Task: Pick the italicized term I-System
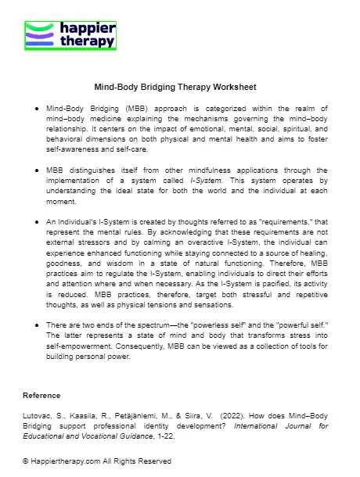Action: click(205, 180)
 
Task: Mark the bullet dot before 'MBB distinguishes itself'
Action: click(38, 170)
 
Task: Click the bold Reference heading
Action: click(41, 395)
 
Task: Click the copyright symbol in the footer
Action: click(26, 461)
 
